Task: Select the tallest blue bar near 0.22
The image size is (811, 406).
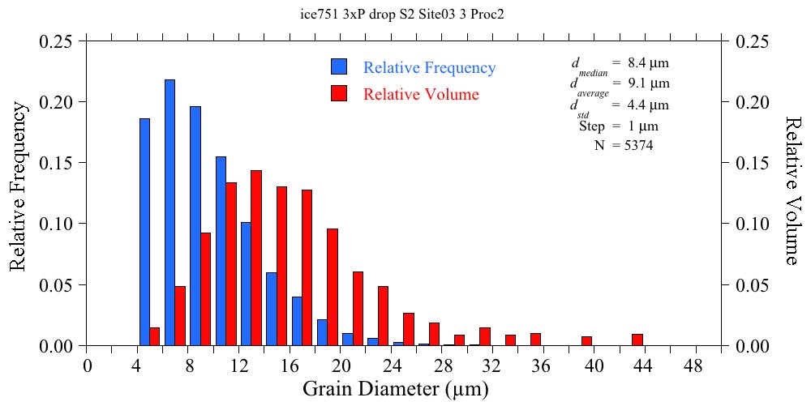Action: pos(169,212)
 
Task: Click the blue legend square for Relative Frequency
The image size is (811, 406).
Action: pos(339,67)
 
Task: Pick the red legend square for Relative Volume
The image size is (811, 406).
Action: pos(339,94)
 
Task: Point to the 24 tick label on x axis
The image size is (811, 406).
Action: pos(393,366)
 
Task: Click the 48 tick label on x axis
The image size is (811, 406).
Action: pos(696,366)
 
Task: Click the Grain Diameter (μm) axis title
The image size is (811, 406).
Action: pos(396,389)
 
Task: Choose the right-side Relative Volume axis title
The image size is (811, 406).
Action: pos(792,189)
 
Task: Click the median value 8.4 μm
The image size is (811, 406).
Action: pos(648,62)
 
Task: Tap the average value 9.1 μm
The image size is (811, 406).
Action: pos(648,83)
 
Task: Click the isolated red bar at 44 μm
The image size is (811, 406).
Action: pos(637,340)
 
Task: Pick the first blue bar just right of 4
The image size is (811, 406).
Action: pos(144,233)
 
